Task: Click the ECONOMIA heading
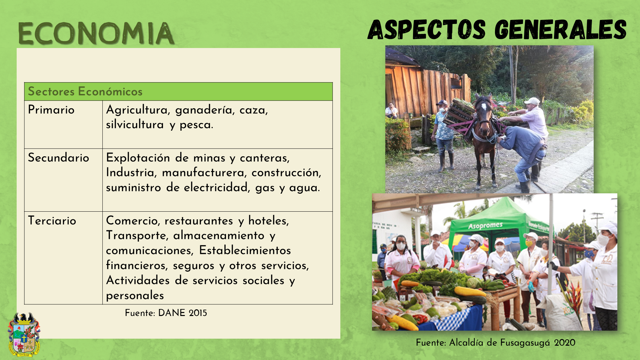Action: click(96, 33)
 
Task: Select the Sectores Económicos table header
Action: click(85, 91)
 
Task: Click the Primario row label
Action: click(51, 110)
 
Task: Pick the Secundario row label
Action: click(58, 158)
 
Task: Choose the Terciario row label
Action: click(52, 221)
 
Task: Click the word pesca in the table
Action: click(196, 125)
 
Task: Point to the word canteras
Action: click(265, 158)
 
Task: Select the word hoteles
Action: click(269, 221)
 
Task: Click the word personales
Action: click(135, 296)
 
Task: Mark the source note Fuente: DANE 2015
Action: click(166, 313)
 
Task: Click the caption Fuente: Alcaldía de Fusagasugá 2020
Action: click(496, 343)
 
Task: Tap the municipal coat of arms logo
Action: click(24, 335)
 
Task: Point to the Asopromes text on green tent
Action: click(485, 226)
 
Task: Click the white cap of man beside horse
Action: click(532, 101)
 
